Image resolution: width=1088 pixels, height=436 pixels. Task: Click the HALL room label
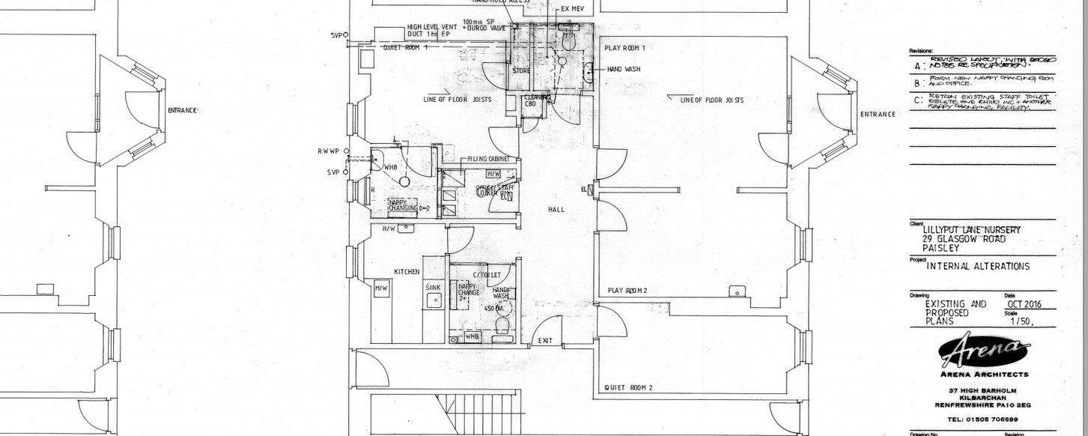tap(556, 211)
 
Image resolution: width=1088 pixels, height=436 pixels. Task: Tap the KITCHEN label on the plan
tap(407, 271)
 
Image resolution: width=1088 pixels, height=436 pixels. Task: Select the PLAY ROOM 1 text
tap(624, 48)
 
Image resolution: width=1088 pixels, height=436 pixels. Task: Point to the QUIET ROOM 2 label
tap(629, 387)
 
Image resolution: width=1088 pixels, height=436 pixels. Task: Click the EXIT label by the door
tap(545, 342)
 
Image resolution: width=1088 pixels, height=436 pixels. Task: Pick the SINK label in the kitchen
tap(433, 287)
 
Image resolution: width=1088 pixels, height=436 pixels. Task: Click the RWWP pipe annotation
tap(328, 151)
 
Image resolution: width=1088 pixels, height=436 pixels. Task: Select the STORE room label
tap(521, 71)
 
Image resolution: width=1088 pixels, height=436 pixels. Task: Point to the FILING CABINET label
tap(488, 160)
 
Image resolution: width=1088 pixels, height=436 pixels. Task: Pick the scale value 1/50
tap(1021, 322)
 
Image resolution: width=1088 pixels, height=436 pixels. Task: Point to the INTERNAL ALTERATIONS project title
tap(978, 266)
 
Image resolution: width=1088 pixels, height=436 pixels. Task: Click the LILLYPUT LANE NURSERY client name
tap(971, 229)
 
